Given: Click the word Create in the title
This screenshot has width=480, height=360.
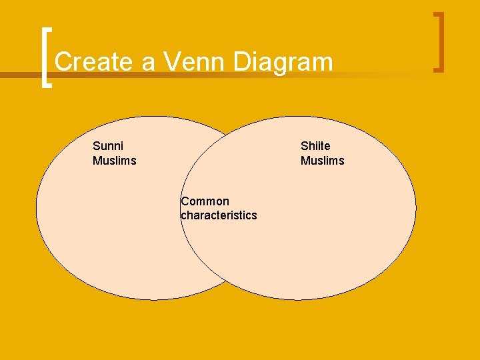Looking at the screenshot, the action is click(93, 62).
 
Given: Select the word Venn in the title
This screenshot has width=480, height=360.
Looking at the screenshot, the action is click(197, 62).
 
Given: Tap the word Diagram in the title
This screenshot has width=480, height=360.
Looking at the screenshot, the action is click(283, 63).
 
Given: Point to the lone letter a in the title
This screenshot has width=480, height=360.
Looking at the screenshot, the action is click(149, 63).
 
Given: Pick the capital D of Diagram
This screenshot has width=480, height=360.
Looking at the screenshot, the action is click(243, 62).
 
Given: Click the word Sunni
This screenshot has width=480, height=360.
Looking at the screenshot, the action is click(108, 146).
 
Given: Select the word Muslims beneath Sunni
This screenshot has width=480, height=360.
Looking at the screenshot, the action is click(114, 161).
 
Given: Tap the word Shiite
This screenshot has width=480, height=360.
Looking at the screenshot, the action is click(315, 146).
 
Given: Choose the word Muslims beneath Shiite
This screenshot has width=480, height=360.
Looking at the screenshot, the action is click(322, 161).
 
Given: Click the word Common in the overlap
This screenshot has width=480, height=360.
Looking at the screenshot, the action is click(205, 201).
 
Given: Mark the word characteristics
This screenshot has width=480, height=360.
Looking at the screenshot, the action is click(219, 215).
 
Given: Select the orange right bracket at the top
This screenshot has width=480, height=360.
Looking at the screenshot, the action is click(438, 41).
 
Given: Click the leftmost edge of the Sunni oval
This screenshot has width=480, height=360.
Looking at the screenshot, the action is click(37, 208).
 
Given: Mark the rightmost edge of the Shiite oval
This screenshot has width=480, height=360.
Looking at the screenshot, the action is click(416, 208).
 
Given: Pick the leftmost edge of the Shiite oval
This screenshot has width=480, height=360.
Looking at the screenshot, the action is click(181, 208).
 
